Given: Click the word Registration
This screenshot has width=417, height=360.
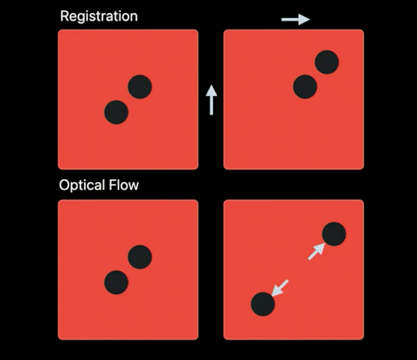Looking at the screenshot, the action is (x=99, y=16).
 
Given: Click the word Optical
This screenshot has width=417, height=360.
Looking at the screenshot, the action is (x=82, y=185).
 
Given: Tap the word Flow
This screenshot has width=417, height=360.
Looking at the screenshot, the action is (x=124, y=185).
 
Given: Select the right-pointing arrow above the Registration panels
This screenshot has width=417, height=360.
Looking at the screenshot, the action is (x=296, y=19).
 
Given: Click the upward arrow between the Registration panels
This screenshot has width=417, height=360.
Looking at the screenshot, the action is (x=211, y=100).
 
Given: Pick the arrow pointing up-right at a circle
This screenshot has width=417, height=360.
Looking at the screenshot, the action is (x=317, y=251).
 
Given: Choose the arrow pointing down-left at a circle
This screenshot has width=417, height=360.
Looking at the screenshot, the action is (x=279, y=288).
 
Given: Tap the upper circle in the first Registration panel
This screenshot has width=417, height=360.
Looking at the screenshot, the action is (x=140, y=87).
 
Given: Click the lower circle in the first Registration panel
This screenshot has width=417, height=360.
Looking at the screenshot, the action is (x=116, y=112).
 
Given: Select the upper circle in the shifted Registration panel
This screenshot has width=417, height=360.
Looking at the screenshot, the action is (x=327, y=62).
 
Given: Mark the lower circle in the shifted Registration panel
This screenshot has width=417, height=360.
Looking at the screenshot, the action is (x=305, y=87).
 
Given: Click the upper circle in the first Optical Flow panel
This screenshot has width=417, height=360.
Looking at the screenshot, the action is (x=140, y=257).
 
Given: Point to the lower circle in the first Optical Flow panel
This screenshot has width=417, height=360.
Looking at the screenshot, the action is (x=116, y=283).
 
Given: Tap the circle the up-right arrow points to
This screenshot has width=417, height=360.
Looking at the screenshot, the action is (x=334, y=234).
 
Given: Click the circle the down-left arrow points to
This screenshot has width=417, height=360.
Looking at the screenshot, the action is (x=263, y=304).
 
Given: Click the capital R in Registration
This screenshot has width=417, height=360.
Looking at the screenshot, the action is (x=65, y=16).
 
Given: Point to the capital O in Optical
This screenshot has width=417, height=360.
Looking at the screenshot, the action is (x=64, y=185).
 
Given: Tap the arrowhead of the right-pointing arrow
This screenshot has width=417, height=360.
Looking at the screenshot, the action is (x=304, y=19).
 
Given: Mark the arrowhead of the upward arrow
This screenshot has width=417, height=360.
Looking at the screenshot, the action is (x=211, y=91).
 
